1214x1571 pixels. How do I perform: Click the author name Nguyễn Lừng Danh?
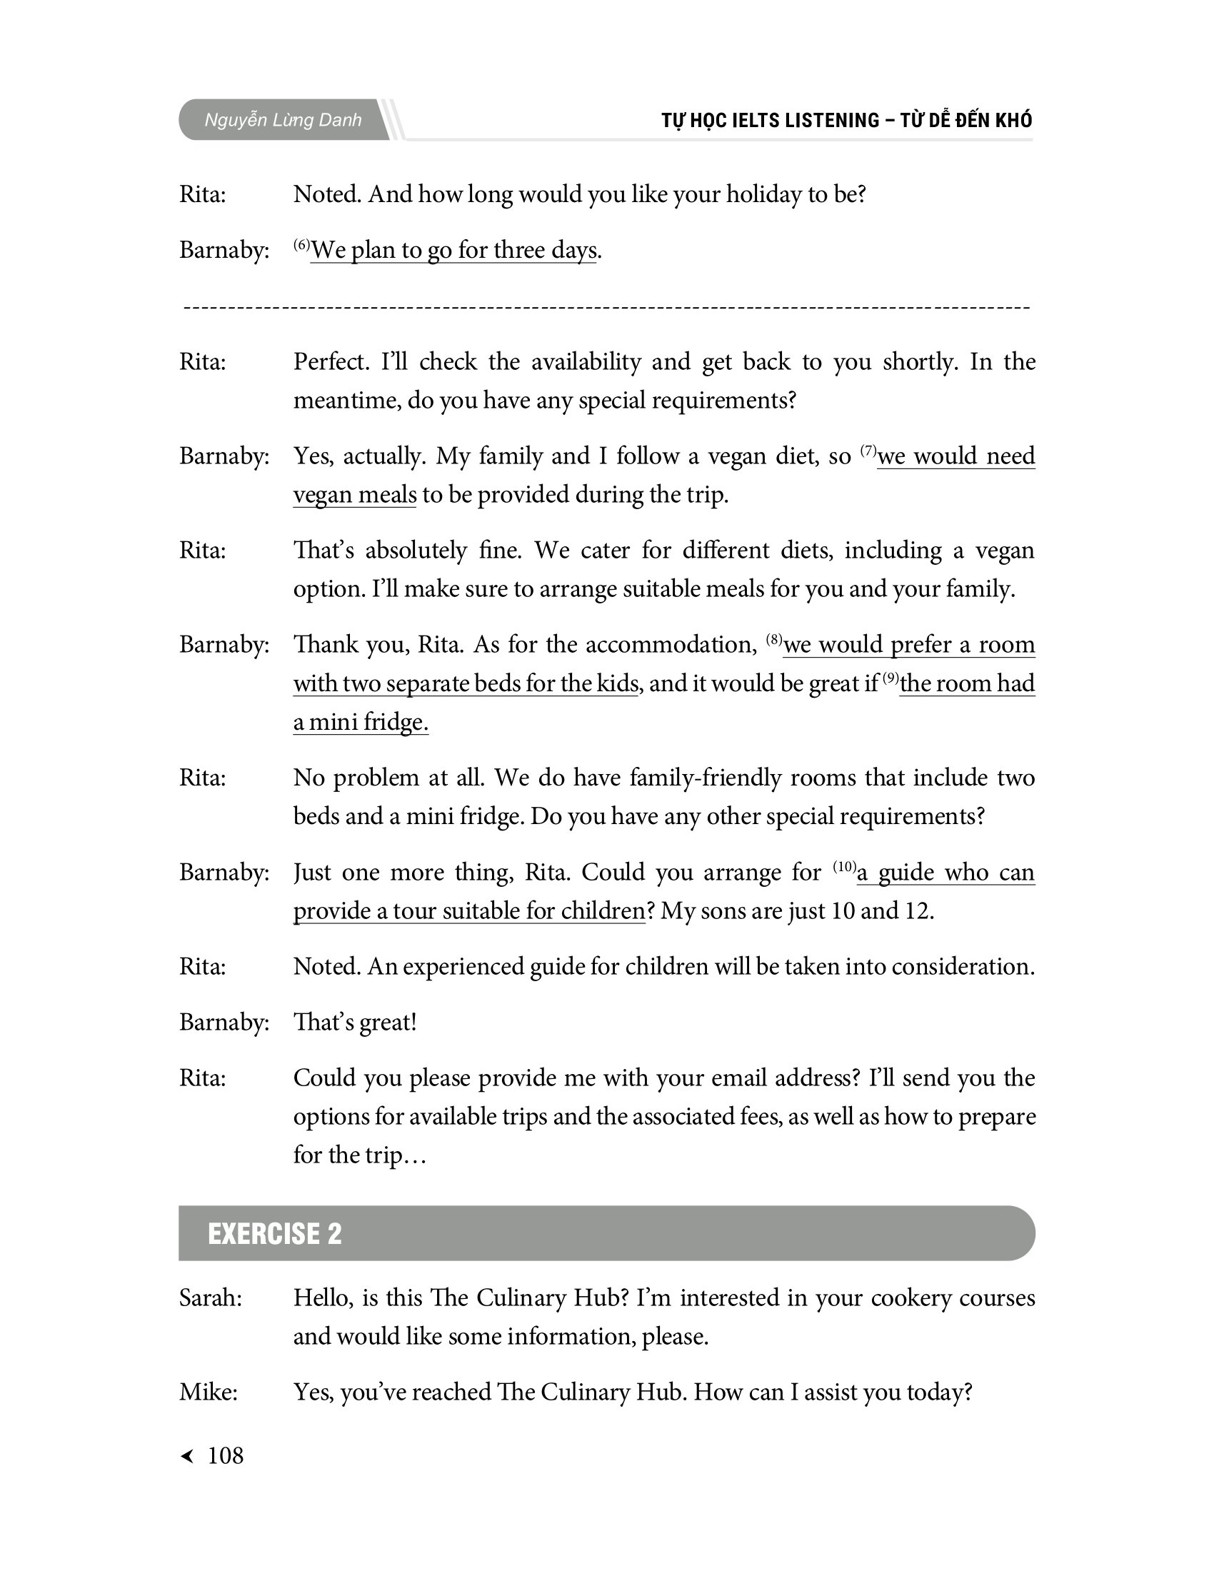coord(283,120)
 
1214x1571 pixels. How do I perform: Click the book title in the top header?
coord(846,120)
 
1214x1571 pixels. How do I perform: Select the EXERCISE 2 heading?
coord(275,1234)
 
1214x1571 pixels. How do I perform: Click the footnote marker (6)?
coord(301,244)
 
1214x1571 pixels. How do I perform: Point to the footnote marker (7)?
coord(868,451)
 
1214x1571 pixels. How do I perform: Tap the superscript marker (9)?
coord(891,677)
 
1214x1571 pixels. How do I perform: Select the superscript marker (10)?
coord(844,866)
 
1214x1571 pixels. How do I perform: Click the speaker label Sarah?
coord(210,1298)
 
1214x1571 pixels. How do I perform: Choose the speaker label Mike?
coord(208,1392)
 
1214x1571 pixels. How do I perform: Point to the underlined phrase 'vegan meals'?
coord(355,495)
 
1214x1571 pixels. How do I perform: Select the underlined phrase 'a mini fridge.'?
coord(361,721)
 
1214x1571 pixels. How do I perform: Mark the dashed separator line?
coord(606,308)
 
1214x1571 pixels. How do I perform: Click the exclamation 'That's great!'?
coord(355,1022)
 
